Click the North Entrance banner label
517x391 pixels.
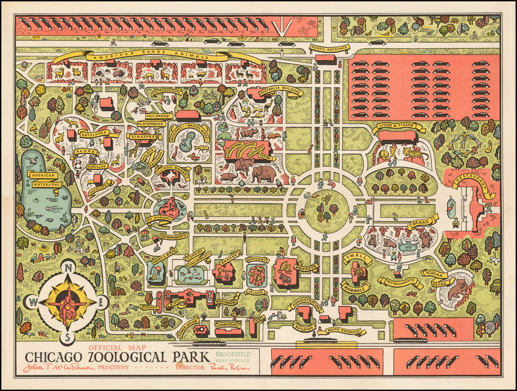click(x=329, y=49)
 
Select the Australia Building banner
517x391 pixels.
click(x=281, y=91)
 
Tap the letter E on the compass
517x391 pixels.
click(x=100, y=303)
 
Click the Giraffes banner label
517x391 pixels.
click(x=142, y=136)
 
